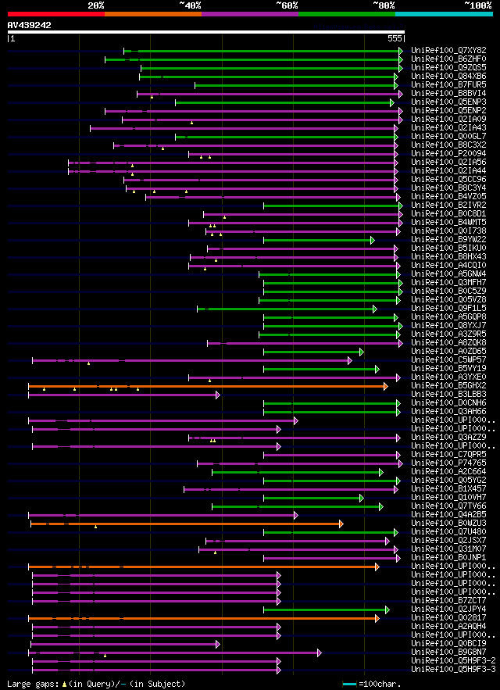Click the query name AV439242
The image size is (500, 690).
[x=30, y=25]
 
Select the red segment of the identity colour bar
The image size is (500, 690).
[x=55, y=13]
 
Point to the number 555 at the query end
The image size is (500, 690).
[x=395, y=38]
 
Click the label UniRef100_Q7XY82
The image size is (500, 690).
[x=448, y=51]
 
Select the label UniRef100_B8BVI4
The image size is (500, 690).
[x=448, y=94]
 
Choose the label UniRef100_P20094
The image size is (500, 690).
[x=448, y=154]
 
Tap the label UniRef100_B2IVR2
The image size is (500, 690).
[x=448, y=206]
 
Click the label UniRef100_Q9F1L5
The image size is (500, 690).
[x=448, y=309]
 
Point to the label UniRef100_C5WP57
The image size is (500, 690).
[x=448, y=360]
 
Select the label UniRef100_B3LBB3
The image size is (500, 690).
[x=448, y=395]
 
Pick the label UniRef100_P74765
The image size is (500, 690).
[x=448, y=463]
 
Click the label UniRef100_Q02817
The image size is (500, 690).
[x=448, y=618]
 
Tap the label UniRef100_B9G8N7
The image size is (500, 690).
[x=448, y=652]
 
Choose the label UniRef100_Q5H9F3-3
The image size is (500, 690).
[x=453, y=670]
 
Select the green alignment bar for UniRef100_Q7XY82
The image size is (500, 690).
[x=266, y=51]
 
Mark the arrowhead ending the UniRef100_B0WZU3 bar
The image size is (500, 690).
[x=341, y=524]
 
